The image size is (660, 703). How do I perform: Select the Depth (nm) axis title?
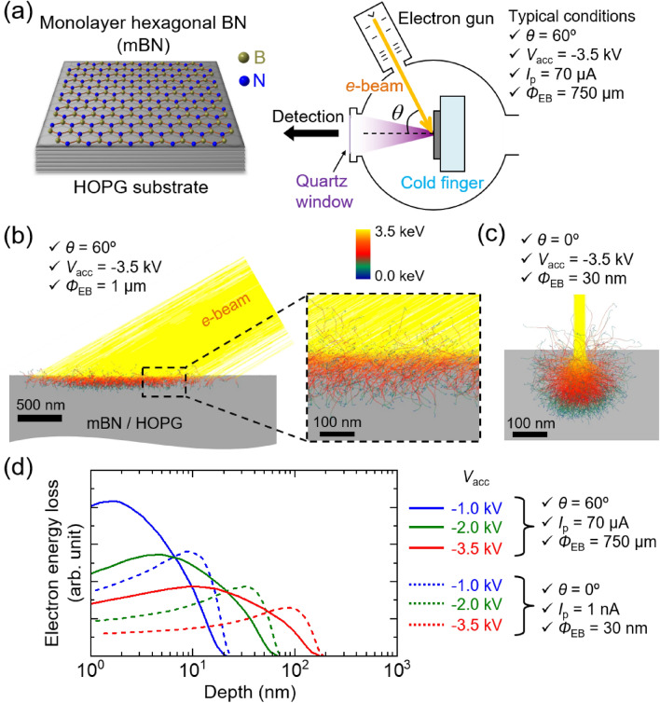pos(241,691)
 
